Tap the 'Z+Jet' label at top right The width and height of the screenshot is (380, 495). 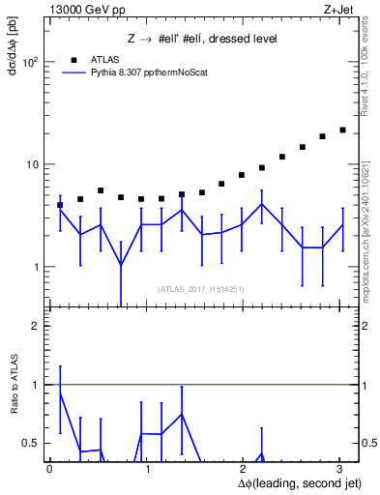coord(336,9)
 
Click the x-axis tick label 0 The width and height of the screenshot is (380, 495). coord(49,468)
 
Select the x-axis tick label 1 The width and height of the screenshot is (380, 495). coord(147,468)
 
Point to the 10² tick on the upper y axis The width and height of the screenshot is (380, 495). coord(30,62)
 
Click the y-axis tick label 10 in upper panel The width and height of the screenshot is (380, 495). coord(32,164)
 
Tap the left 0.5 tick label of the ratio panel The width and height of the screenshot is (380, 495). coord(32,443)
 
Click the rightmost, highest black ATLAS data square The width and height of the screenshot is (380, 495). coord(342,130)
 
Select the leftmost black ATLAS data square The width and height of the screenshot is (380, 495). coord(60,205)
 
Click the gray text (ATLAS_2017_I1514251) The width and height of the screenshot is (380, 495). coord(201,289)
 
